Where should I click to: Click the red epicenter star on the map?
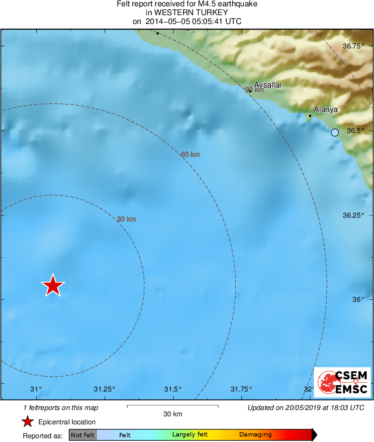53,285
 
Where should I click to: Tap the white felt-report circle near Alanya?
335,133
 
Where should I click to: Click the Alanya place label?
326,109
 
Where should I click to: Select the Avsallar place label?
268,85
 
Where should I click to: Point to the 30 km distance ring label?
126,219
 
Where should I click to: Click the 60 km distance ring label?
190,154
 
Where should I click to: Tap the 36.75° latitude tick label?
353,46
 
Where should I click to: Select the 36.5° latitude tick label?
355,130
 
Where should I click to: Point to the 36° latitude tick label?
358,300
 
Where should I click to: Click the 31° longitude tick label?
36,389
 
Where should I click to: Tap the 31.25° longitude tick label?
104,389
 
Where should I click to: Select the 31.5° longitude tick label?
173,389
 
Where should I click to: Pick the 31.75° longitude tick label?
241,389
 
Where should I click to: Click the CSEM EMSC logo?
342,382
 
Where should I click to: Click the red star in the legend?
27,422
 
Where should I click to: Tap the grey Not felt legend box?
83,435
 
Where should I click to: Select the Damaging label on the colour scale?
255,435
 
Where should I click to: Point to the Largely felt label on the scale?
190,435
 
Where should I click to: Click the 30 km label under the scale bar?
173,414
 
